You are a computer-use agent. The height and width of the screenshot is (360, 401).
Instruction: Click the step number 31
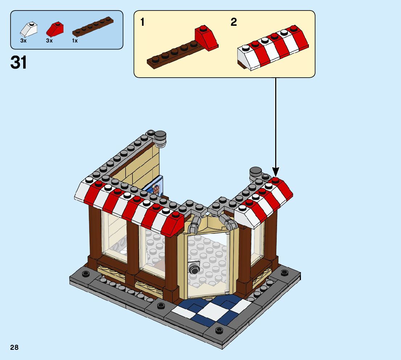19,62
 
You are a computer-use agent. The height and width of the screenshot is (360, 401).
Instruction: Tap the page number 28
14,348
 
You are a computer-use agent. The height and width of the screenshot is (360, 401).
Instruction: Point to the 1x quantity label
75,41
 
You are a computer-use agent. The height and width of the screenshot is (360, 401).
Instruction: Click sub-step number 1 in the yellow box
142,22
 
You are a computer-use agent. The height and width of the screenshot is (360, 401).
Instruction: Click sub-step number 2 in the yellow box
234,22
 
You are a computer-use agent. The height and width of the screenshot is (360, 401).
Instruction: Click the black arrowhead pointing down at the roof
276,171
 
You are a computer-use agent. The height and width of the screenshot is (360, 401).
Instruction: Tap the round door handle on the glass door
194,268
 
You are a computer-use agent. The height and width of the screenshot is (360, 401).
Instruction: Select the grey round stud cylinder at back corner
160,138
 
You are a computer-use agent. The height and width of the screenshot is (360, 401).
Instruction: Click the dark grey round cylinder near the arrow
256,173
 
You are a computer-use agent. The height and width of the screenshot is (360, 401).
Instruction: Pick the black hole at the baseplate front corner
219,330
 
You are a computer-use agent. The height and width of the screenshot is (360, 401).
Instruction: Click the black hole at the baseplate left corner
86,274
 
